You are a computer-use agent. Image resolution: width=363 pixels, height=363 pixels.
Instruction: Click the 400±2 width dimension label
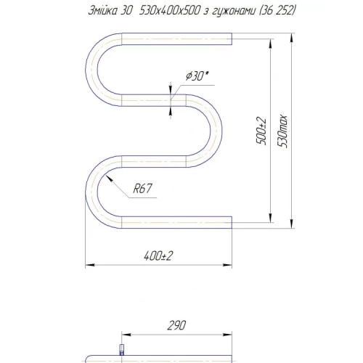pos(158,256)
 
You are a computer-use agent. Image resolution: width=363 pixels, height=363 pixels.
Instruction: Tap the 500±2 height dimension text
pos(261,131)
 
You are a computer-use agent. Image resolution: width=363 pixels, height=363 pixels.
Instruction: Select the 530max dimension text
pos(282,131)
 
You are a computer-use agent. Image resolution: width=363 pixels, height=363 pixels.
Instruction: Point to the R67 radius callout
pos(142,188)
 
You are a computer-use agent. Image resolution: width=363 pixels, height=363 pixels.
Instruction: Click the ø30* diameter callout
pos(197,76)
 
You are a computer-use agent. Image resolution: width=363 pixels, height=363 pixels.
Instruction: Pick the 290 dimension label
pos(176,325)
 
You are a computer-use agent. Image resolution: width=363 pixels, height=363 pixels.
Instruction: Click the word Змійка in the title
pos(102,10)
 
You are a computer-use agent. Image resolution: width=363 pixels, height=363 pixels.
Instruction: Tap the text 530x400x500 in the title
pos(170,10)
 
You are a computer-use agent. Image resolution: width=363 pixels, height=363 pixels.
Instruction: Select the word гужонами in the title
pos(234,11)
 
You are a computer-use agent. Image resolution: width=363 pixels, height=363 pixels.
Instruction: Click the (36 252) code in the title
pos(277,11)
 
